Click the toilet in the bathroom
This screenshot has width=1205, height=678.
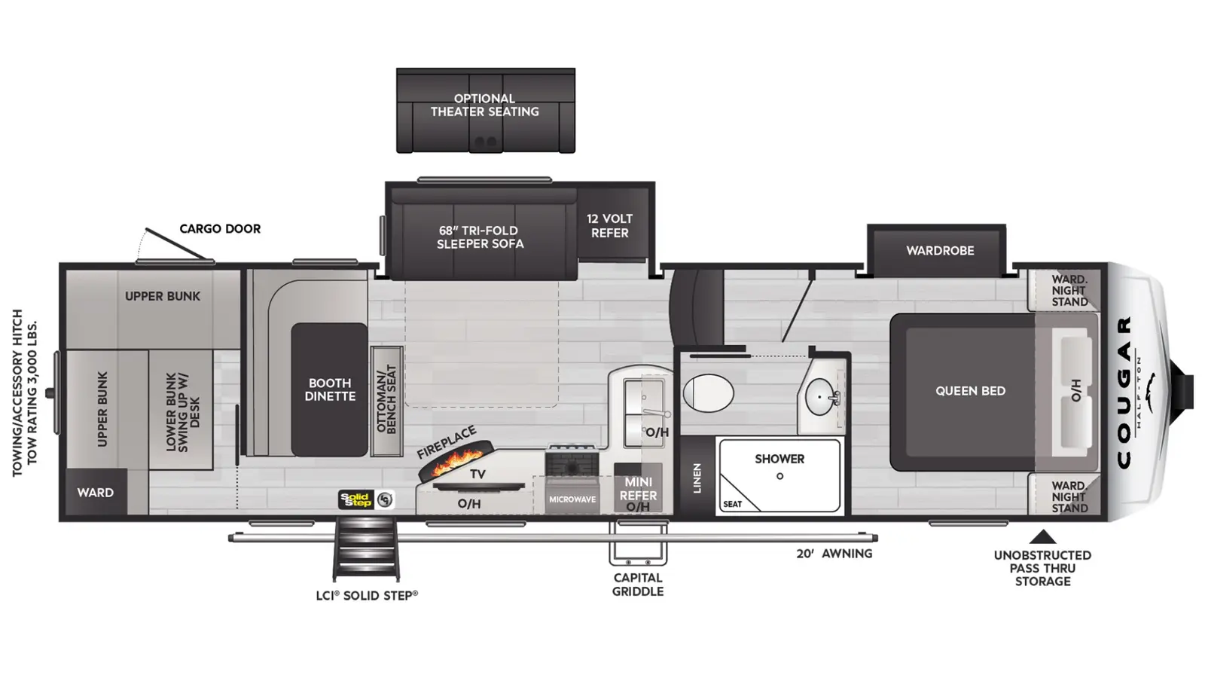tap(708, 392)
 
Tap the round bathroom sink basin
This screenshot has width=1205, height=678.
tap(820, 397)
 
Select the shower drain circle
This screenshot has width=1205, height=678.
tap(779, 476)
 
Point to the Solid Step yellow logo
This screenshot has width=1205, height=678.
tap(355, 499)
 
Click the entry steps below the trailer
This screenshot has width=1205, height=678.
tap(366, 549)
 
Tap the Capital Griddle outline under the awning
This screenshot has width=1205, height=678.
tap(638, 542)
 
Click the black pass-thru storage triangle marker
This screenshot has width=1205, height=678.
tap(1042, 537)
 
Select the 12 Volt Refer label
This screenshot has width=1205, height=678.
tap(609, 226)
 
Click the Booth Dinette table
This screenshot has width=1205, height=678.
tap(329, 389)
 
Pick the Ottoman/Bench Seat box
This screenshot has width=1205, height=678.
tap(387, 401)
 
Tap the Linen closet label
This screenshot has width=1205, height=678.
tap(697, 478)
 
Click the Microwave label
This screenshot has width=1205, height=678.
tap(572, 499)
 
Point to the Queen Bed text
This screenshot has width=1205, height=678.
tap(971, 391)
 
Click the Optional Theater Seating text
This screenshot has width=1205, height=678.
tap(485, 105)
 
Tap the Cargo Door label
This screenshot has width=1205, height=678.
tap(220, 229)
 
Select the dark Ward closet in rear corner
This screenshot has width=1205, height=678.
tap(96, 492)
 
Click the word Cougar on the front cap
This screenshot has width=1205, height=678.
tap(1124, 392)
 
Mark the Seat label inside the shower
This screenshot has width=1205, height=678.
tap(732, 504)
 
